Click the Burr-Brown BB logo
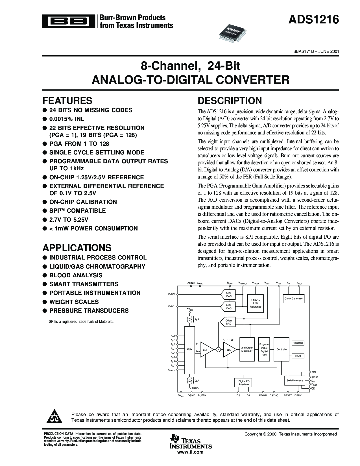pyautogui.click(x=69, y=21)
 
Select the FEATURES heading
pyautogui.click(x=67, y=101)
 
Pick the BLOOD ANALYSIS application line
pyautogui.click(x=73, y=275)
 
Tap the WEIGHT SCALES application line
pyautogui.click(x=71, y=302)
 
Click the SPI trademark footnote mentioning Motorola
pyautogui.click(x=81, y=321)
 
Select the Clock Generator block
pyautogui.click(x=294, y=299)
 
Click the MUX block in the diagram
pyautogui.click(x=189, y=350)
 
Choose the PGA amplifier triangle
pyautogui.click(x=229, y=350)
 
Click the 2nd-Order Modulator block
pyautogui.click(x=247, y=349)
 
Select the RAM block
pyautogui.click(x=298, y=356)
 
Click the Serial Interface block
pyautogui.click(x=295, y=380)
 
